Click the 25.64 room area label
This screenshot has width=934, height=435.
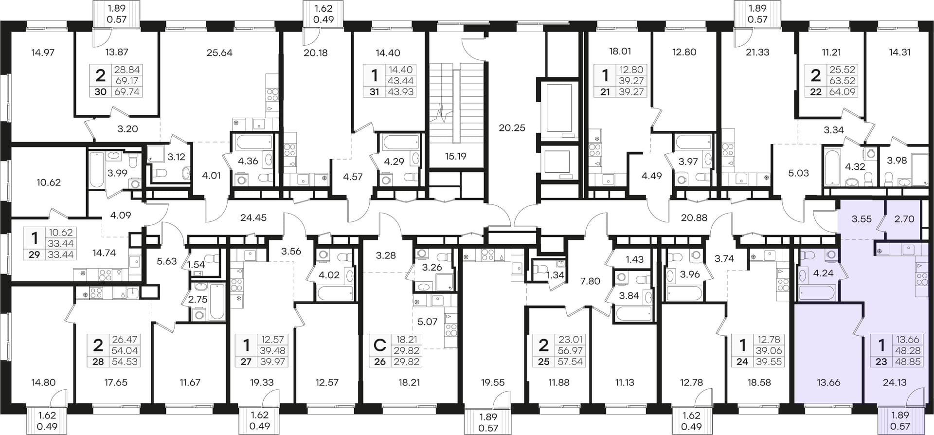pyautogui.click(x=219, y=53)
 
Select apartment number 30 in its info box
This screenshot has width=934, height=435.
pyautogui.click(x=100, y=91)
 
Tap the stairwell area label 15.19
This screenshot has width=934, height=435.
pyautogui.click(x=455, y=156)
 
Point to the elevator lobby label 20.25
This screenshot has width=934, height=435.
pyautogui.click(x=512, y=128)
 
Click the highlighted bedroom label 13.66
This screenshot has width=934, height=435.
pyautogui.click(x=828, y=382)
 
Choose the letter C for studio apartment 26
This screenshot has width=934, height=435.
pyautogui.click(x=379, y=345)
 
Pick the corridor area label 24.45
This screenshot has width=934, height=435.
pyautogui.click(x=253, y=218)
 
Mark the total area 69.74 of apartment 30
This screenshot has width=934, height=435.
pyautogui.click(x=126, y=91)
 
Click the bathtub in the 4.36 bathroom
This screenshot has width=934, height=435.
pyautogui.click(x=253, y=143)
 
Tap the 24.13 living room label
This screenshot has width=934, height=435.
pyautogui.click(x=895, y=382)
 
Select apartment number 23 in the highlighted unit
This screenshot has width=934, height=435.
pyautogui.click(x=881, y=362)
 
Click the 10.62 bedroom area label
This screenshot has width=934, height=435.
pyautogui.click(x=49, y=182)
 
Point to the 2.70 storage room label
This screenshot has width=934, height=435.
pyautogui.click(x=904, y=219)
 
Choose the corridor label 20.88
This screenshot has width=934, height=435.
pyautogui.click(x=694, y=218)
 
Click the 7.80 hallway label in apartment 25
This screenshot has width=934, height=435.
pyautogui.click(x=591, y=281)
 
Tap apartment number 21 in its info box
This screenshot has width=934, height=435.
pyautogui.click(x=605, y=91)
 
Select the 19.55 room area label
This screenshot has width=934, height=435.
pyautogui.click(x=493, y=382)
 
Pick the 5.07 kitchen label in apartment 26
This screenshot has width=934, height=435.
pyautogui.click(x=428, y=322)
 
